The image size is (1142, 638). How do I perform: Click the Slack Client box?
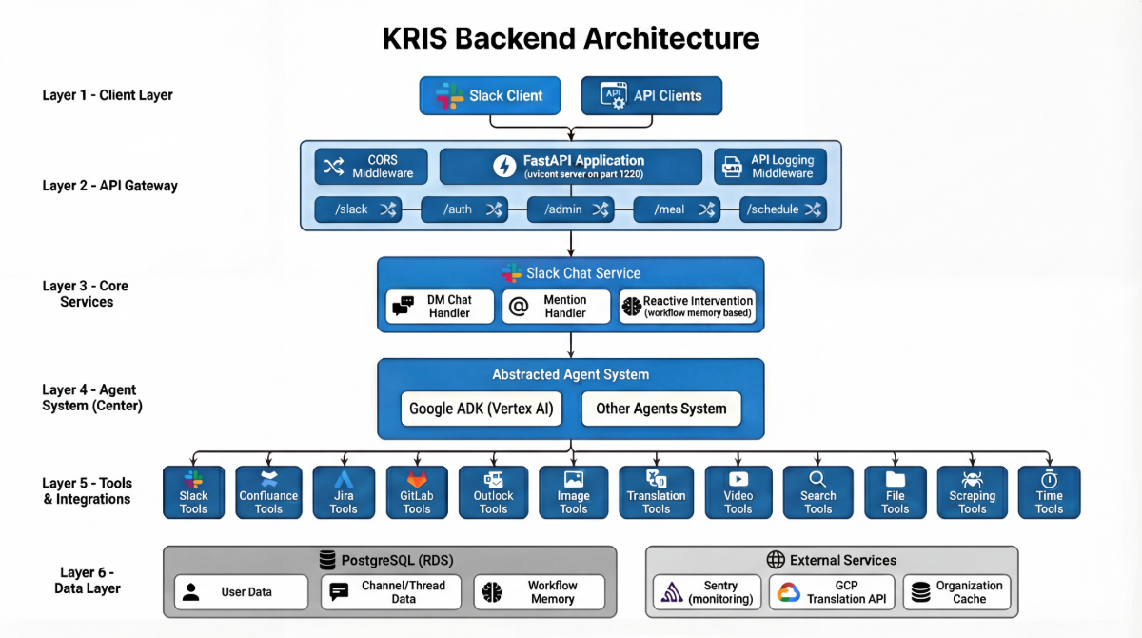click(x=490, y=96)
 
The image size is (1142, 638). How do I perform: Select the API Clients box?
click(x=652, y=96)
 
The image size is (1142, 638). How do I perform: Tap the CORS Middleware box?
click(x=371, y=167)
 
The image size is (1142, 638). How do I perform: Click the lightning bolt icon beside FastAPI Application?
click(x=504, y=167)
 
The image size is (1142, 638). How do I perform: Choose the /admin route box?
click(x=570, y=209)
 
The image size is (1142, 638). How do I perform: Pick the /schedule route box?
click(x=783, y=209)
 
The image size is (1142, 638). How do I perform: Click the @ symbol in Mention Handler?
click(x=519, y=307)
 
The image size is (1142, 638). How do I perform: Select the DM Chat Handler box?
click(x=440, y=307)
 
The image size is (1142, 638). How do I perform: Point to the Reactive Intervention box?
click(x=687, y=307)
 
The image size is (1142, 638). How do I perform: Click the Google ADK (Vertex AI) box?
click(x=482, y=409)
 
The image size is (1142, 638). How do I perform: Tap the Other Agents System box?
click(x=661, y=409)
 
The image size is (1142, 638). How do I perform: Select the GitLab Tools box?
click(x=417, y=492)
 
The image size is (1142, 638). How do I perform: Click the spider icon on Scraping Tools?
click(x=973, y=480)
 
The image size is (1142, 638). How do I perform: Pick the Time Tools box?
click(x=1049, y=492)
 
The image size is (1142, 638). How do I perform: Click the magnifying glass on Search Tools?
click(x=817, y=479)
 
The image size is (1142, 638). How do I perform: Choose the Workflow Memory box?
click(x=540, y=592)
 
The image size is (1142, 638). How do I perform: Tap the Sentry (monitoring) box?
click(x=707, y=592)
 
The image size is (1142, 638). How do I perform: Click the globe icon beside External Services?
click(x=776, y=560)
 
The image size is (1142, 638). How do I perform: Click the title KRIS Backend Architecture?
click(x=571, y=39)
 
